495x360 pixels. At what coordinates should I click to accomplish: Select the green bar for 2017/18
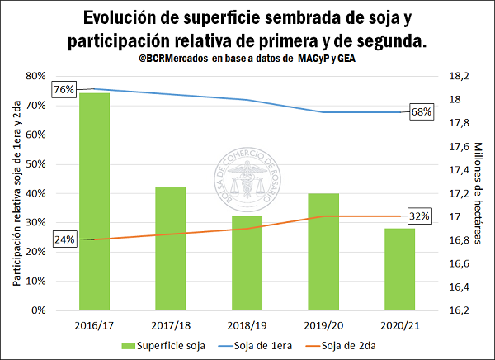tap(170, 249)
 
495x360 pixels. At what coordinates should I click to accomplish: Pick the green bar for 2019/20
tap(323, 252)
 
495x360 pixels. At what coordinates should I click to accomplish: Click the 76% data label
tap(64, 89)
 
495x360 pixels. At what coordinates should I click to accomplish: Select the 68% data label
tap(421, 111)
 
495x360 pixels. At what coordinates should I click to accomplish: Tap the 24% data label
tap(64, 239)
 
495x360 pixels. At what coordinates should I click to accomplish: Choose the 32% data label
tap(420, 216)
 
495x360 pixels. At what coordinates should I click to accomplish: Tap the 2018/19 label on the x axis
tap(247, 324)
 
